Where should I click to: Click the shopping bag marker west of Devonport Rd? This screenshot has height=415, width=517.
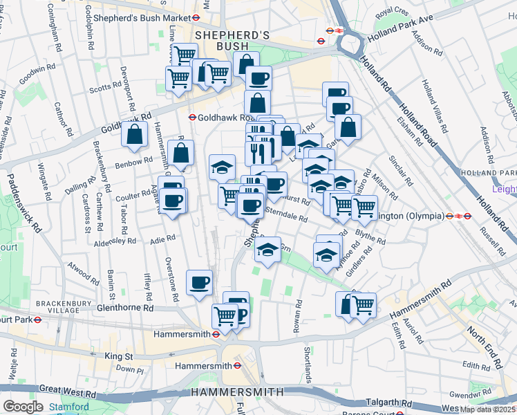(x=134, y=134)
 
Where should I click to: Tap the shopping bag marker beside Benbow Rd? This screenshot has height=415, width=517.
(x=180, y=154)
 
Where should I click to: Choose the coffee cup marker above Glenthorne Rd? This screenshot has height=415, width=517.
(x=199, y=282)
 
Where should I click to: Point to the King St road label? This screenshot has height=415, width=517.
(x=118, y=356)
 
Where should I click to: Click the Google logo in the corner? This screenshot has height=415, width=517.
(x=23, y=406)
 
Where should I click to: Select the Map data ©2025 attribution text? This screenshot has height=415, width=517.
(x=488, y=409)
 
